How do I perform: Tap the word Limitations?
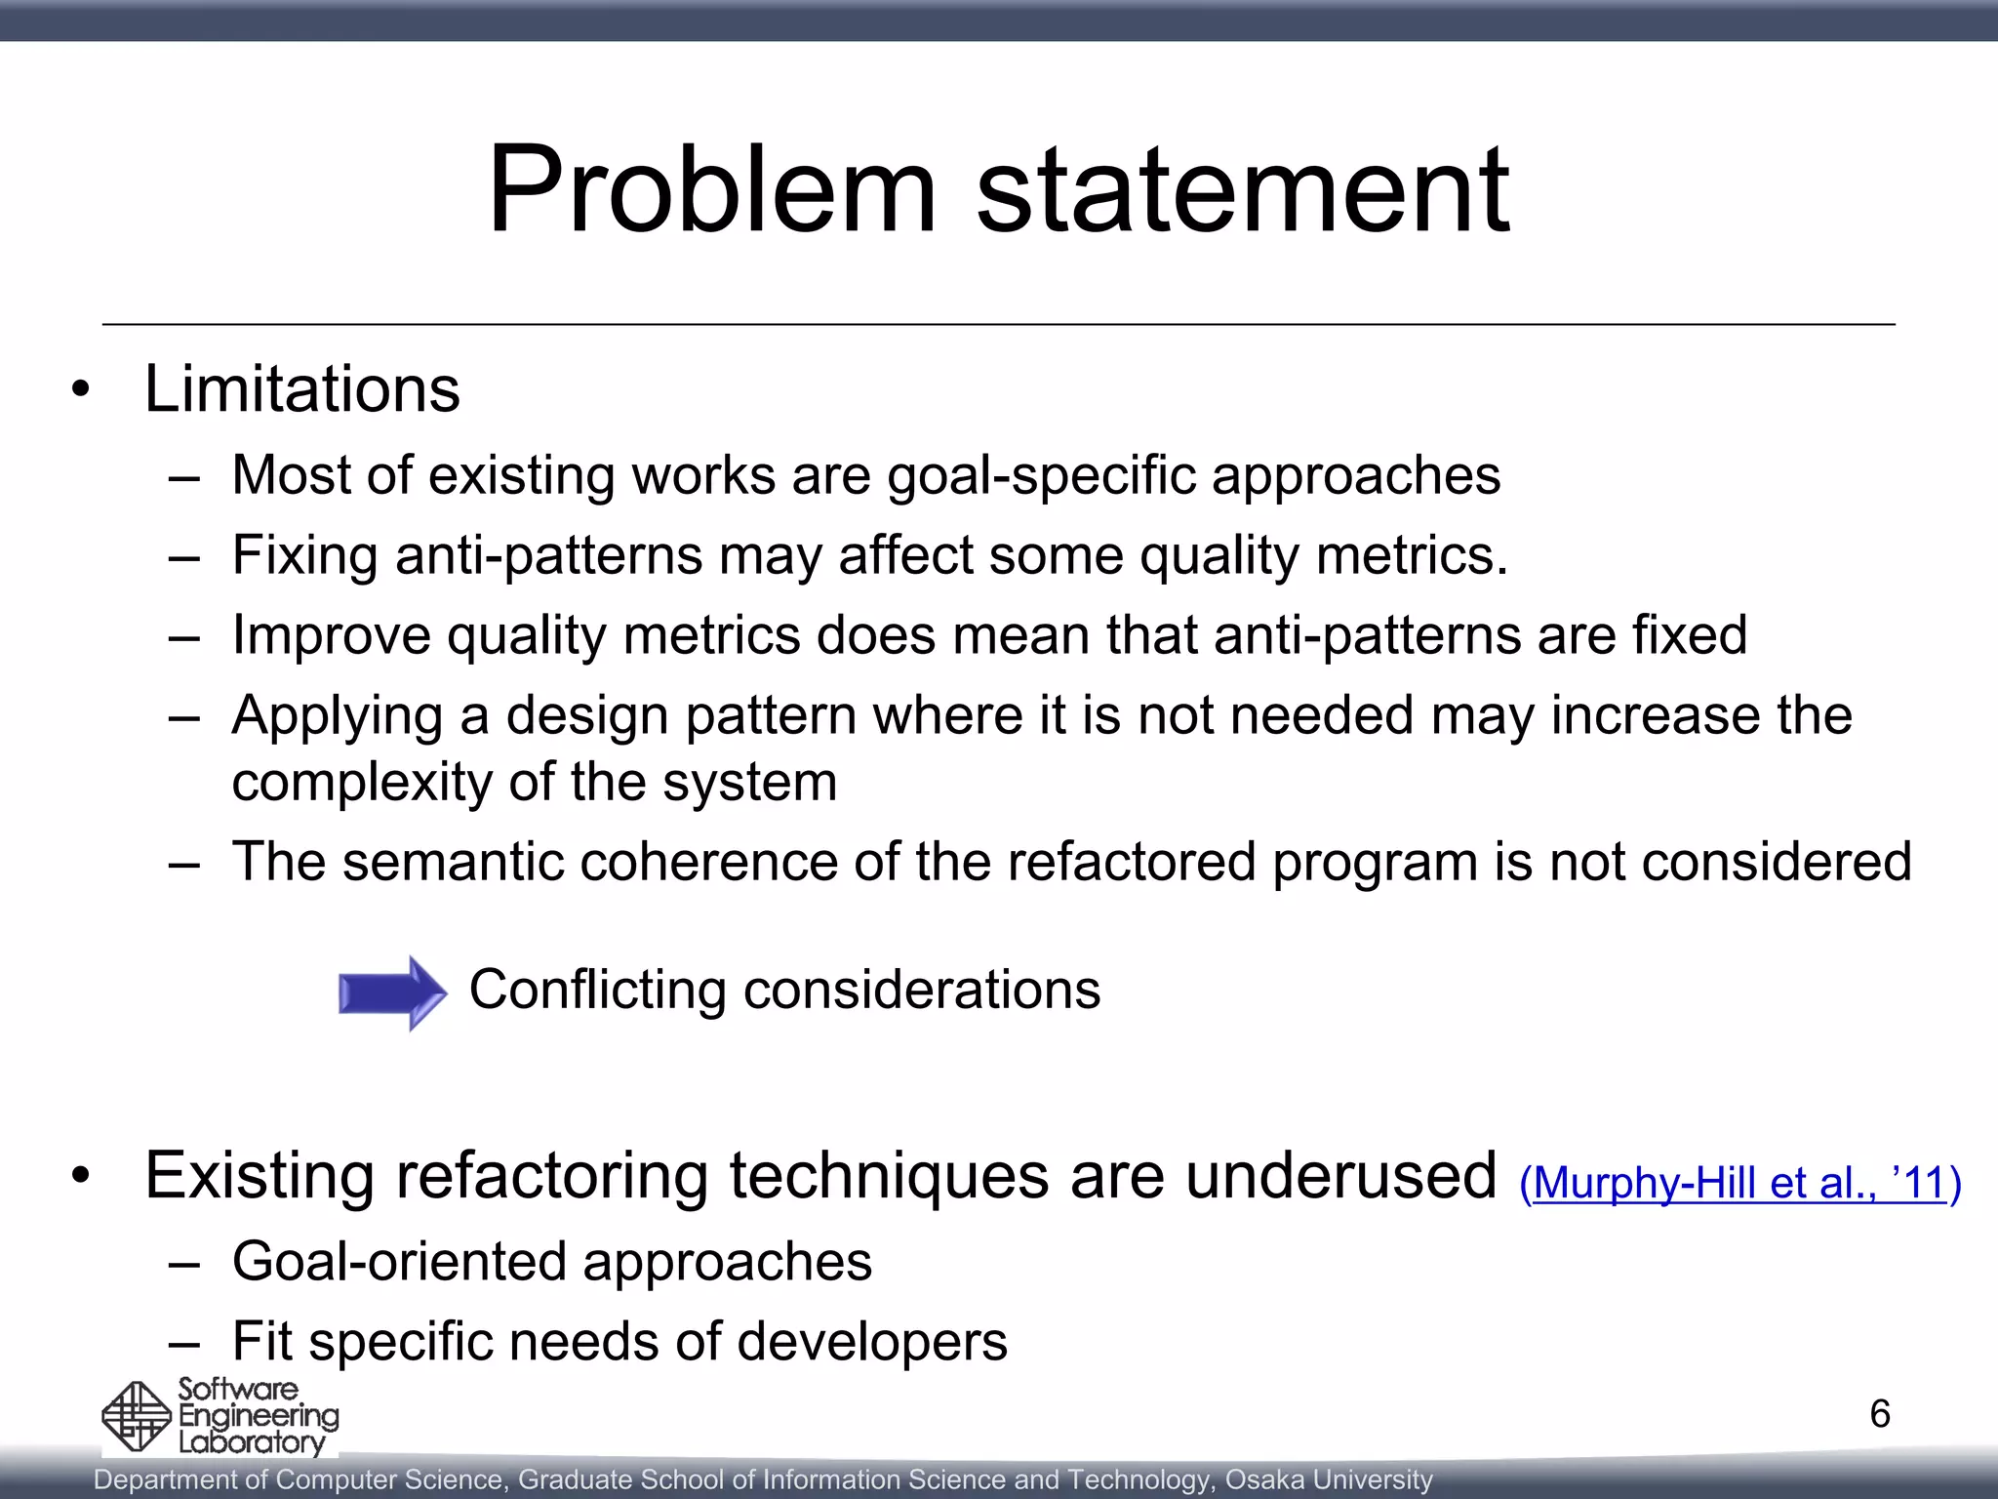pyautogui.click(x=302, y=389)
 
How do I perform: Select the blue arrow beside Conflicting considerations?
pyautogui.click(x=392, y=993)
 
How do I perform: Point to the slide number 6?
pyautogui.click(x=1880, y=1414)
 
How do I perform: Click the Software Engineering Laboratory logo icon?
pyautogui.click(x=138, y=1416)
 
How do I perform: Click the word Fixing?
pyautogui.click(x=304, y=556)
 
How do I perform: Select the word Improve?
pyautogui.click(x=331, y=636)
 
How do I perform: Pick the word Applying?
pyautogui.click(x=338, y=716)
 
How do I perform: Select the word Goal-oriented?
pyautogui.click(x=398, y=1261)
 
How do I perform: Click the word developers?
pyautogui.click(x=872, y=1341)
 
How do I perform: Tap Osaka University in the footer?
pyautogui.click(x=1329, y=1479)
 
